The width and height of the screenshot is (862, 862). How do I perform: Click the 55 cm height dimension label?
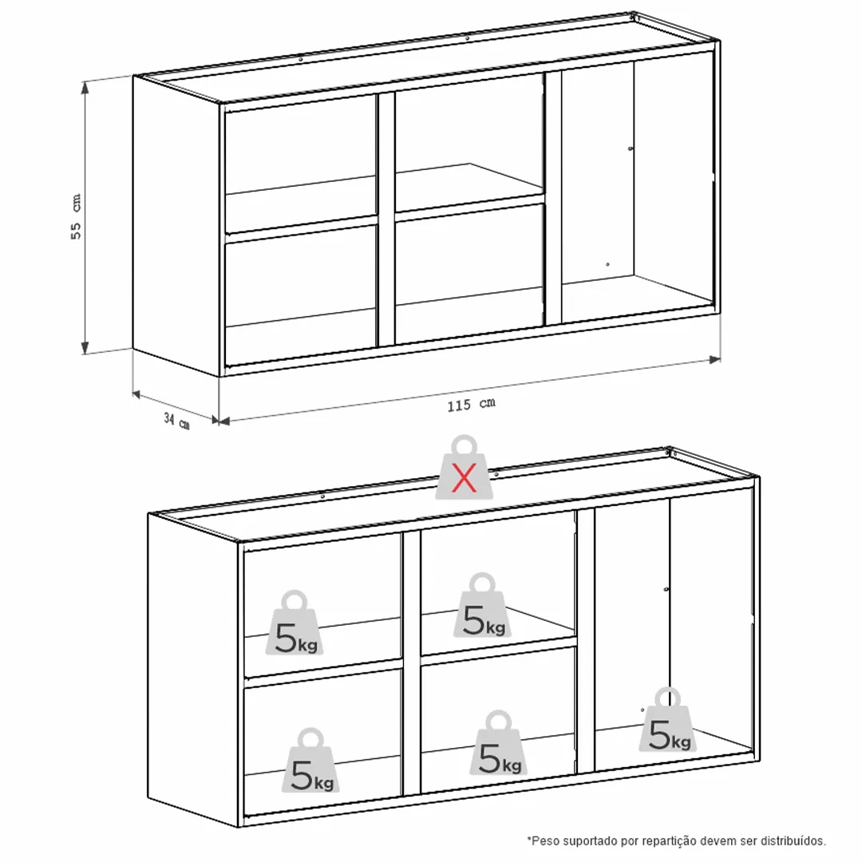76,216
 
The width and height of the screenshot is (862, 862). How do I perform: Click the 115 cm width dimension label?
471,405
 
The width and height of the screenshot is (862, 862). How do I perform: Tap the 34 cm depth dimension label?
176,421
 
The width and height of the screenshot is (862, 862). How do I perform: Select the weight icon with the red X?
464,467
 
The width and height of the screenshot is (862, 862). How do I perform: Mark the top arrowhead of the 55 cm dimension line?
85,88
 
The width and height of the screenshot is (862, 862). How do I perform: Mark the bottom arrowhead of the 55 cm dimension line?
85,347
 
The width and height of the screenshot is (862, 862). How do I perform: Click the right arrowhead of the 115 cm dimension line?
714,359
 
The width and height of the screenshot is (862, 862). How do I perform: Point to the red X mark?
464,477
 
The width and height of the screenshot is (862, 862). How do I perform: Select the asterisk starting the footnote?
529,838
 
